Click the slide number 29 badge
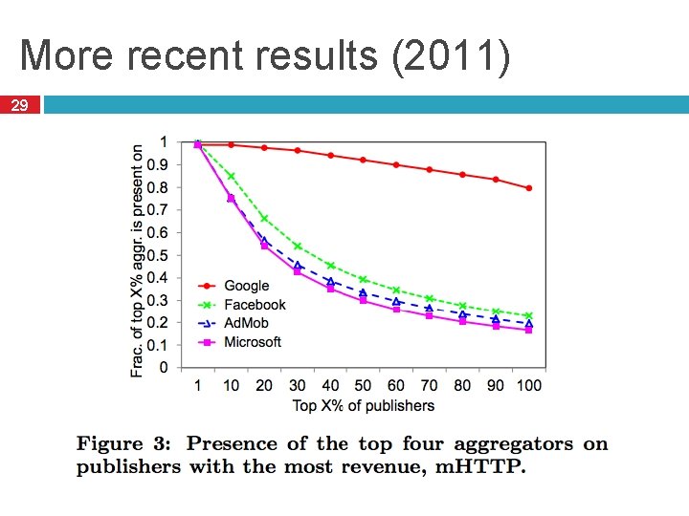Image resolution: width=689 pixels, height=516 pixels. click(x=20, y=105)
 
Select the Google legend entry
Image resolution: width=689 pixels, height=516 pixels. click(x=246, y=285)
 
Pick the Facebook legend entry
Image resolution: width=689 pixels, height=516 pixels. click(x=255, y=304)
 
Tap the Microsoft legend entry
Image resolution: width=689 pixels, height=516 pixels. click(x=253, y=342)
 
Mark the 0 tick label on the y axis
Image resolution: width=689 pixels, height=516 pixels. click(x=164, y=368)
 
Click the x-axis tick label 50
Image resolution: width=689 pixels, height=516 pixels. click(x=363, y=385)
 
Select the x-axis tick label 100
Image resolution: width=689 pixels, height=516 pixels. click(x=527, y=385)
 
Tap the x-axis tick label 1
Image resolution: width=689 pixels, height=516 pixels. click(x=197, y=385)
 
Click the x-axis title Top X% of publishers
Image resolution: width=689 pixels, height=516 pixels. click(x=363, y=405)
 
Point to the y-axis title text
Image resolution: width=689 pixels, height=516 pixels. click(x=138, y=261)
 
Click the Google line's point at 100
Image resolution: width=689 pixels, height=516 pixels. click(x=528, y=188)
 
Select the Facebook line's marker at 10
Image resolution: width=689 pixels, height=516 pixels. click(x=231, y=176)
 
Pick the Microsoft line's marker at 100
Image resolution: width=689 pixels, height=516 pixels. click(x=528, y=330)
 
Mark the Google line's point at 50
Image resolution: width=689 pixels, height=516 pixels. click(x=363, y=160)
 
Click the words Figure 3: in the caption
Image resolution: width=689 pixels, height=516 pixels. click(x=124, y=443)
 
